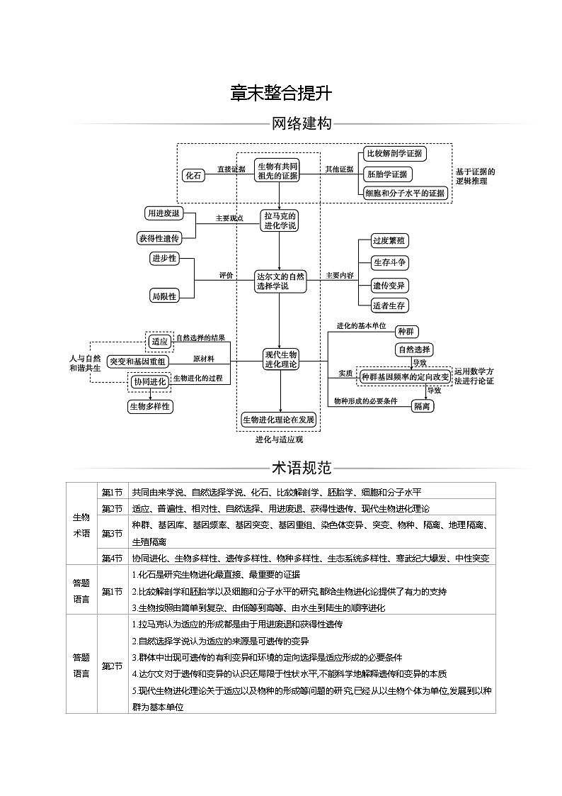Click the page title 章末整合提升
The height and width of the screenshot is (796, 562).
click(x=281, y=94)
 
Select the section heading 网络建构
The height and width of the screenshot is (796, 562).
click(x=302, y=124)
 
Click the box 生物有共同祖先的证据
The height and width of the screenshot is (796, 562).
click(x=277, y=171)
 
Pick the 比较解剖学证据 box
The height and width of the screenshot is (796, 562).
click(x=394, y=153)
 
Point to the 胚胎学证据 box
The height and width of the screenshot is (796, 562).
click(x=386, y=174)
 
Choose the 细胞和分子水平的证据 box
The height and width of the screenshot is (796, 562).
click(x=405, y=193)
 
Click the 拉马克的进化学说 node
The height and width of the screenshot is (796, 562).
click(x=280, y=220)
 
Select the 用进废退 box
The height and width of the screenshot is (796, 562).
click(x=163, y=213)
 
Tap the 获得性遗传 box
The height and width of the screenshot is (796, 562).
click(x=159, y=238)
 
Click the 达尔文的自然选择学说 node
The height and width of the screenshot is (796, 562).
click(x=280, y=281)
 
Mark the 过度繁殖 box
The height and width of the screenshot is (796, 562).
click(x=389, y=241)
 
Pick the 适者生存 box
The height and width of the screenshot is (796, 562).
click(x=389, y=305)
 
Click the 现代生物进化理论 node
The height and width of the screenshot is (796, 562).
click(x=280, y=359)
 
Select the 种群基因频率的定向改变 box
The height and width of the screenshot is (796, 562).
click(x=404, y=376)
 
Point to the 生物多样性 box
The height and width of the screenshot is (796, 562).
click(x=150, y=406)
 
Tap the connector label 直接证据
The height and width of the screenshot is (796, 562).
click(x=231, y=169)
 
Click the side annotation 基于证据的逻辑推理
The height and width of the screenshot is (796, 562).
click(x=475, y=176)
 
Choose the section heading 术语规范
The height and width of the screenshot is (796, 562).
click(x=302, y=468)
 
